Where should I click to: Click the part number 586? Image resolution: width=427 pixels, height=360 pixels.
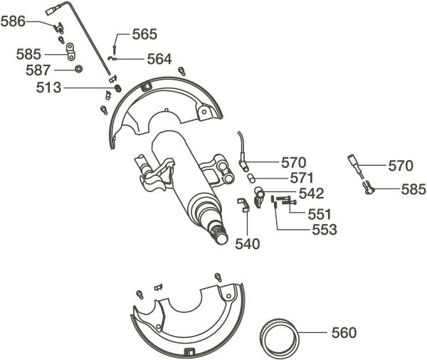pyautogui.click(x=13, y=21)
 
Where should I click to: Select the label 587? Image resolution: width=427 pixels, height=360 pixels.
pyautogui.click(x=37, y=70)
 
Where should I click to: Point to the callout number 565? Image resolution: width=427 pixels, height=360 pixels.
pyautogui.click(x=144, y=33)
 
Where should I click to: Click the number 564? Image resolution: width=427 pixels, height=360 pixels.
pyautogui.click(x=159, y=59)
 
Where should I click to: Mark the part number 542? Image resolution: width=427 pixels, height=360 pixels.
pyautogui.click(x=311, y=193)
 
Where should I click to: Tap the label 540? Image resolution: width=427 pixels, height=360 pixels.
pyautogui.click(x=248, y=243)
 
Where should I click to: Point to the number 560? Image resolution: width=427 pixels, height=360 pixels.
pyautogui.click(x=344, y=332)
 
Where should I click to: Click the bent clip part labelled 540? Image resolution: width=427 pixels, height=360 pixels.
pyautogui.click(x=243, y=205)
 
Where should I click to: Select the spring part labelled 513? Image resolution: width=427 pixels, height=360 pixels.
pyautogui.click(x=119, y=88)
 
